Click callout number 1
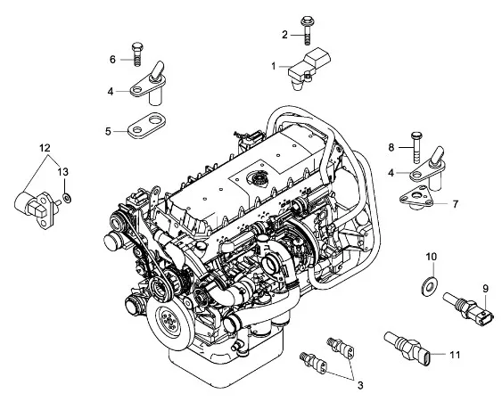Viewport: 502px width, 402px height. (274, 66)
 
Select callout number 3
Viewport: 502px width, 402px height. (360, 385)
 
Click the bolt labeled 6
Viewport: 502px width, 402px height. (136, 53)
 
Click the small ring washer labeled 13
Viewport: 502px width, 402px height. (67, 198)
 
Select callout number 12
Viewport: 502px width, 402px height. (45, 148)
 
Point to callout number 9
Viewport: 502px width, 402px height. (486, 289)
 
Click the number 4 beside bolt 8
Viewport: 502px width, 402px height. (391, 173)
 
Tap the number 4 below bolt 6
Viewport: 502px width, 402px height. (111, 92)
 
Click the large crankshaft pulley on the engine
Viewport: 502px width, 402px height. (169, 319)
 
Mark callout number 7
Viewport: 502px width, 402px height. (456, 204)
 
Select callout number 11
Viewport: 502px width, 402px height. (455, 355)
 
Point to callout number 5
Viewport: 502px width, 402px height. (108, 131)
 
